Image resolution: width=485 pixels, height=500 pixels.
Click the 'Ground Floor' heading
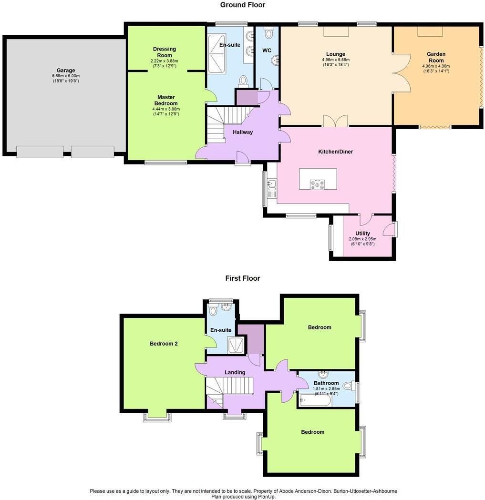pyautogui.click(x=242, y=5)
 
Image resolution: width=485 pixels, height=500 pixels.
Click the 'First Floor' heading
pyautogui.click(x=243, y=278)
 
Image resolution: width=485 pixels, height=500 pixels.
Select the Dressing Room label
pyautogui.click(x=165, y=52)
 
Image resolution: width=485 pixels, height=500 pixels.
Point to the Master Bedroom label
pyautogui.click(x=165, y=100)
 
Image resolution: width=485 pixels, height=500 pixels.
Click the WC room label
pyautogui.click(x=267, y=50)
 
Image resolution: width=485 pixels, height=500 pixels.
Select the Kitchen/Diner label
pyautogui.click(x=336, y=152)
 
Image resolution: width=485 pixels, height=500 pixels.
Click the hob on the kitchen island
pyautogui.click(x=318, y=184)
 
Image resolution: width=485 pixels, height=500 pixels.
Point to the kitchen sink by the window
pyautogui.click(x=272, y=184)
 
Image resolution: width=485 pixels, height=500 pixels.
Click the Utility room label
pyautogui.click(x=362, y=233)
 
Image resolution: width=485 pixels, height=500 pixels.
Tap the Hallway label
pyautogui.click(x=243, y=132)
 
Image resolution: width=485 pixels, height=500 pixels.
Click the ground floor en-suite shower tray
pyautogui.click(x=218, y=56)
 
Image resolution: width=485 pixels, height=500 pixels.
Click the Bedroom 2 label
pyautogui.click(x=164, y=343)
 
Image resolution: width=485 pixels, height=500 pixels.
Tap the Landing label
pyautogui.click(x=235, y=372)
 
